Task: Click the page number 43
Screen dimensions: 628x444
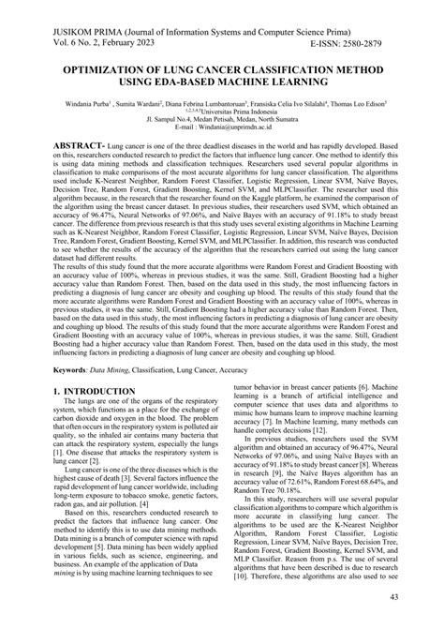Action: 421,598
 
